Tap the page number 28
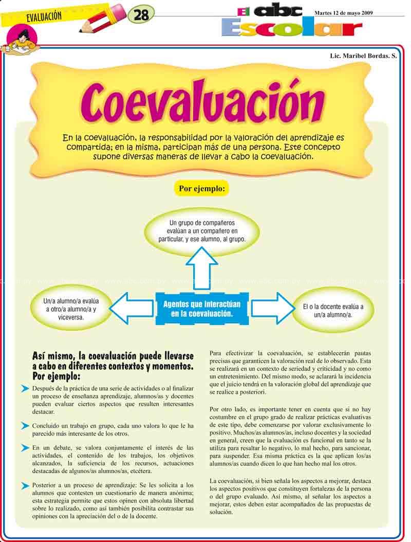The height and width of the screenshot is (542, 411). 140,15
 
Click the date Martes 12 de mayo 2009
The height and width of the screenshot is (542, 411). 344,12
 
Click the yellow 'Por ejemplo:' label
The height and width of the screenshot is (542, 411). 201,189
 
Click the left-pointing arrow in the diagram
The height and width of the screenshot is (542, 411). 130,308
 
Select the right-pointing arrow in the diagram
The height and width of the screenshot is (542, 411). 271,308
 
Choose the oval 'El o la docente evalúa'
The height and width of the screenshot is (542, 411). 333,310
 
